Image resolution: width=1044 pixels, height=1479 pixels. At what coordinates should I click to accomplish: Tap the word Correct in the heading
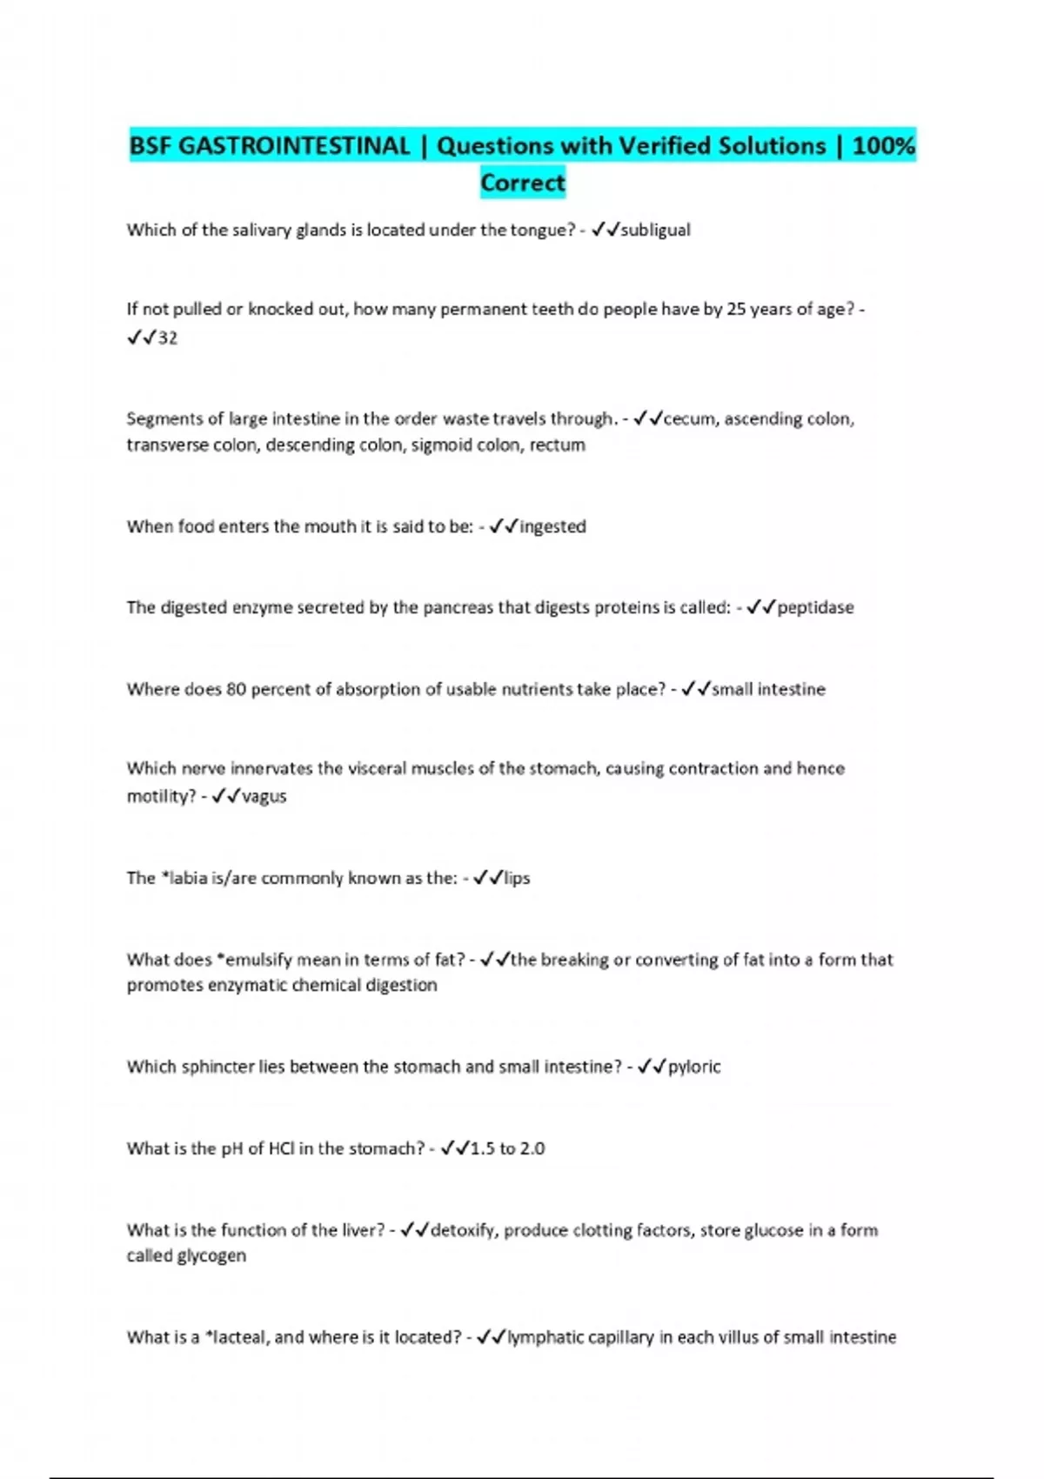point(523,183)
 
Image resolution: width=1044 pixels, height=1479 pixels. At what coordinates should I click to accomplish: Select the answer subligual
point(655,231)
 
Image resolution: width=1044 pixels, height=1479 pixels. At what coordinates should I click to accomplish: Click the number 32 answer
point(167,338)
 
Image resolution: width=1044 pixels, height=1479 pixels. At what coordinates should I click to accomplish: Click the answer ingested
point(552,526)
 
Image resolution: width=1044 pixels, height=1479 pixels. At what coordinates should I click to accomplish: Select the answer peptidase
point(815,607)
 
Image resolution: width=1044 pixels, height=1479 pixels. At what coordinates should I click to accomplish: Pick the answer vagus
point(264,796)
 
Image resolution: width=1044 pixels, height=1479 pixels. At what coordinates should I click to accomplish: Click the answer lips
point(517,878)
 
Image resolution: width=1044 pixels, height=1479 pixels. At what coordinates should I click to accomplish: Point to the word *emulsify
point(255,960)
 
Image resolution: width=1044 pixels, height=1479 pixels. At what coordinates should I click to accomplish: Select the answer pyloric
point(694,1067)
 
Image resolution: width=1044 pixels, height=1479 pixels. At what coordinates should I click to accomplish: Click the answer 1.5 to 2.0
point(507,1148)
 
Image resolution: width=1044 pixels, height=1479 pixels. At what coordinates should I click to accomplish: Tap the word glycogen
point(214,1256)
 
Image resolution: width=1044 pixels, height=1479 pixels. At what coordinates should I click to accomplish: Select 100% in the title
point(884,146)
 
